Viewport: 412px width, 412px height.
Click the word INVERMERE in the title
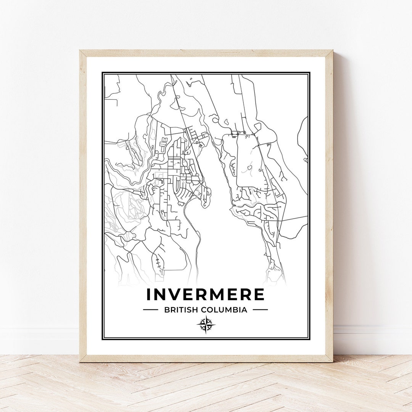point(205,295)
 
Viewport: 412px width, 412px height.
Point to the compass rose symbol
point(206,325)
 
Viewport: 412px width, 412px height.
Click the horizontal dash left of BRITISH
point(150,310)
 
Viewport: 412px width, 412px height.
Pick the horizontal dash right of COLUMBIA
point(260,310)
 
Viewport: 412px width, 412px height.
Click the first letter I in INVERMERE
point(149,295)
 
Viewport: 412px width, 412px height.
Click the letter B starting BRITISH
point(167,310)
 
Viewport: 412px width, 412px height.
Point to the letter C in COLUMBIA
point(203,310)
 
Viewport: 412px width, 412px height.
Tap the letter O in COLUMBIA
point(210,310)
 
